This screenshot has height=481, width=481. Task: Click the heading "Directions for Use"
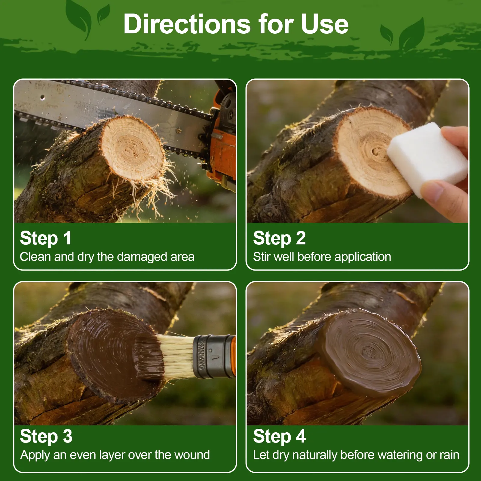pos(236,24)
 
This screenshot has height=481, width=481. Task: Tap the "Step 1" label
pos(46,238)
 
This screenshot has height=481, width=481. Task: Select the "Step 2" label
pos(279,238)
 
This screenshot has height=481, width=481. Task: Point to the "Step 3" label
pos(46,437)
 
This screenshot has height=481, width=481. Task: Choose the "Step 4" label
pos(279,437)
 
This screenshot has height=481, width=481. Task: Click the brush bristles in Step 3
pos(174,356)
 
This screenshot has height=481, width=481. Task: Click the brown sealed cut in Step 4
pos(370,352)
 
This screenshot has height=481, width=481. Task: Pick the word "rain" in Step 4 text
pos(449,455)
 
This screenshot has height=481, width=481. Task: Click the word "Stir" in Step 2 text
pos(261,257)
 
